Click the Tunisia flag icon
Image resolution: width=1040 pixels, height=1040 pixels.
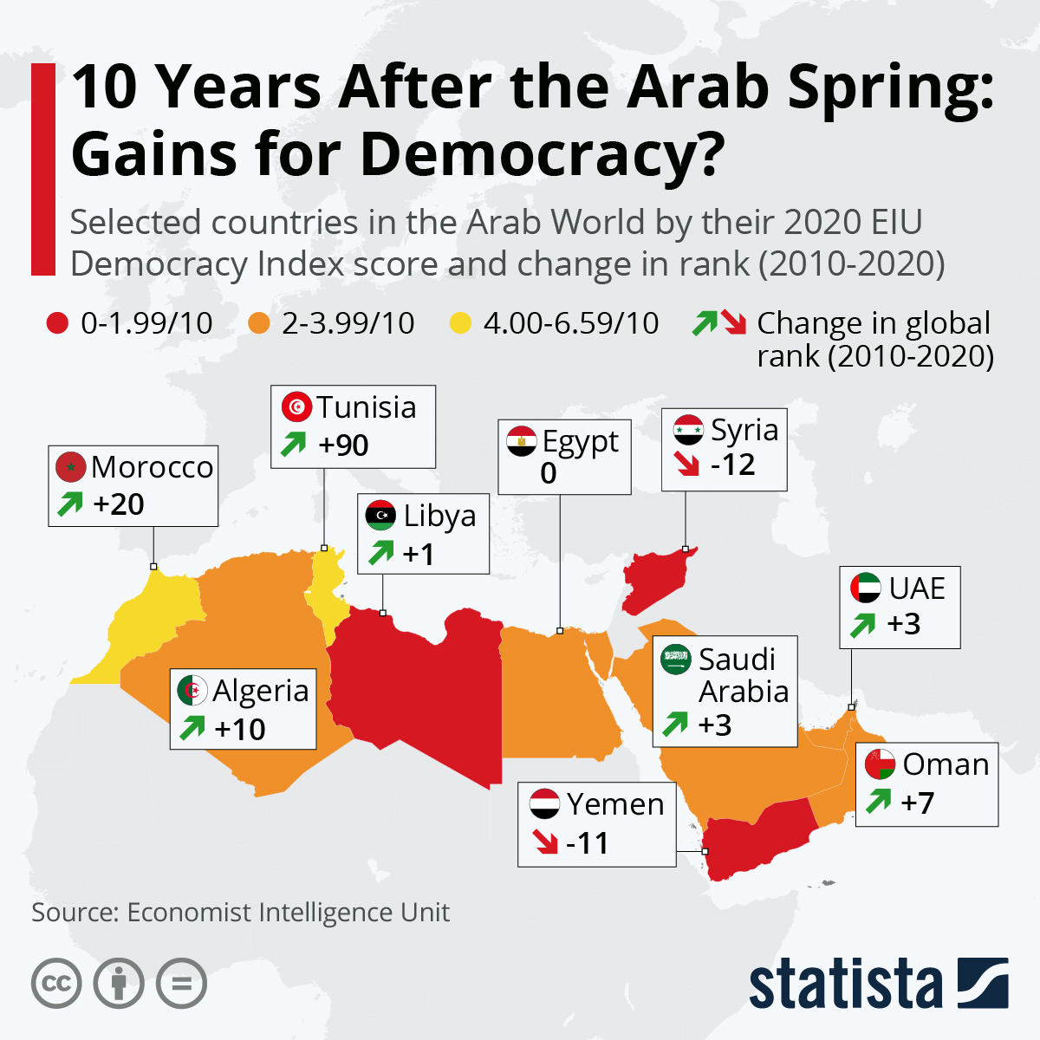click(x=296, y=406)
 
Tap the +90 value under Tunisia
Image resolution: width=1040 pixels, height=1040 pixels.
click(x=343, y=445)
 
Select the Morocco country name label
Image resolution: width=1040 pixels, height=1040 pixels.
click(x=153, y=467)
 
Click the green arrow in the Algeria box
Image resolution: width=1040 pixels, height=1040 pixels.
click(x=192, y=728)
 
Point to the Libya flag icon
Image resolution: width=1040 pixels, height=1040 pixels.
click(x=380, y=515)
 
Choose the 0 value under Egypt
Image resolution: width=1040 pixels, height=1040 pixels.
click(x=549, y=473)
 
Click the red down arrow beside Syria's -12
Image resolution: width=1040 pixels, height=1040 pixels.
click(x=688, y=465)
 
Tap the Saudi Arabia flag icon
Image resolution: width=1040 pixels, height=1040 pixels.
click(x=675, y=659)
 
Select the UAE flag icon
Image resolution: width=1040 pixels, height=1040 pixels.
click(x=865, y=588)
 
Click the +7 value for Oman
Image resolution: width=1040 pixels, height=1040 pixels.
click(x=918, y=803)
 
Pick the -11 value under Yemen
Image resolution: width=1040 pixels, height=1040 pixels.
click(x=588, y=842)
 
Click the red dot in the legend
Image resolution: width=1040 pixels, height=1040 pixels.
click(x=57, y=324)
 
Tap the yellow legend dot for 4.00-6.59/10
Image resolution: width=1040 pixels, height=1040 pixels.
click(x=460, y=324)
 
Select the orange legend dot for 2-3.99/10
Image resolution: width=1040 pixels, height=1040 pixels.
click(x=258, y=324)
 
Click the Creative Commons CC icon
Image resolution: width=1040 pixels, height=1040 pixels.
click(x=56, y=984)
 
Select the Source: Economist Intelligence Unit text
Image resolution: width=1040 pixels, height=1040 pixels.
click(x=241, y=913)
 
